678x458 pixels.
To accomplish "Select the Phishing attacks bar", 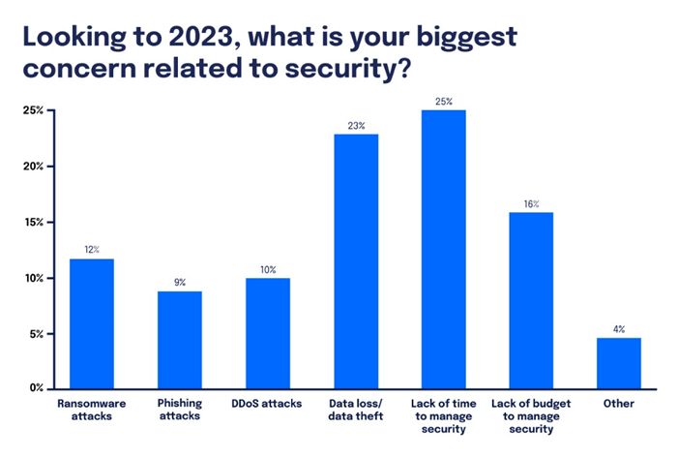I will click(x=180, y=339).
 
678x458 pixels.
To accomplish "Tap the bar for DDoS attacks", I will click(x=268, y=333).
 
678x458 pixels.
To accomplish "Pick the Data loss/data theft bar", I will click(x=355, y=260).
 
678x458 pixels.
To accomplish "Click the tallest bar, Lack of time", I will click(x=444, y=249).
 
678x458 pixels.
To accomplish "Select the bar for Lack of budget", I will click(x=531, y=299).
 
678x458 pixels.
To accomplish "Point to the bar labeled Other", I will click(x=619, y=362).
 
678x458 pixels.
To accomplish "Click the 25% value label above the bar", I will click(x=444, y=101).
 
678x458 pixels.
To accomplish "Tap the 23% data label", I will click(x=355, y=125).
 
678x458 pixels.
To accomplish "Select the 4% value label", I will click(x=619, y=328).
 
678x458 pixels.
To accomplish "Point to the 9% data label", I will click(x=180, y=282).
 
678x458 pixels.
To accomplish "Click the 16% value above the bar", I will click(x=531, y=203).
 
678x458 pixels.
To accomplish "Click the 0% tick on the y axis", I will click(x=35, y=388).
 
